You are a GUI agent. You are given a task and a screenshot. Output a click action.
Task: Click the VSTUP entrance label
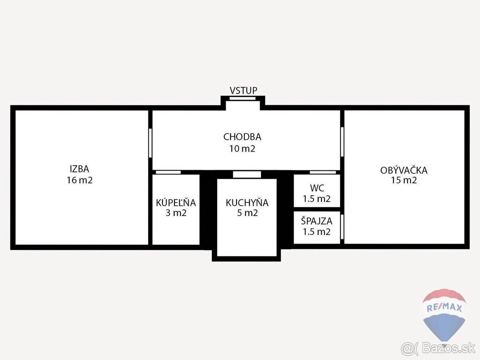click(243, 90)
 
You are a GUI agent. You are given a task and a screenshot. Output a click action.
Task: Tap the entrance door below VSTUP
click(242, 98)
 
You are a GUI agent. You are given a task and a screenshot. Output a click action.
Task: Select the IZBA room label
click(80, 170)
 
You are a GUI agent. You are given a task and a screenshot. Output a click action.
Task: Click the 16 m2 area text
click(80, 180)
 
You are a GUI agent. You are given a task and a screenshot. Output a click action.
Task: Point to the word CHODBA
click(242, 137)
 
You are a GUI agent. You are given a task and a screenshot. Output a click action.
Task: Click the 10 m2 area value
click(242, 149)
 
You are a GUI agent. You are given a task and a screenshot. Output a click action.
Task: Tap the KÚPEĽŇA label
click(176, 203)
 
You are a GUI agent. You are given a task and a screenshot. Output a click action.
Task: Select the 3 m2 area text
click(176, 213)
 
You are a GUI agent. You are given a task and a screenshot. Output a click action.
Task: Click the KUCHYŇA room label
click(247, 203)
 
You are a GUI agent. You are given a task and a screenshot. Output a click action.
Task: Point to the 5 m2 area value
click(247, 213)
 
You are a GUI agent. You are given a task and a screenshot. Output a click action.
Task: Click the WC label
click(317, 188)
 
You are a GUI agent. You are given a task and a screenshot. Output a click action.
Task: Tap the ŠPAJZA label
click(317, 220)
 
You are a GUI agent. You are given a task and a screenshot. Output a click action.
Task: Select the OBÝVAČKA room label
click(404, 170)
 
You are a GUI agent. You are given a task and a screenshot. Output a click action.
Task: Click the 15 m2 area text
click(404, 180)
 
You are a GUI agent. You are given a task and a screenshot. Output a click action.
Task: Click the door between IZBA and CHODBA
click(150, 143)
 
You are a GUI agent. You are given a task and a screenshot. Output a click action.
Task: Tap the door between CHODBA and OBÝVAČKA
click(342, 142)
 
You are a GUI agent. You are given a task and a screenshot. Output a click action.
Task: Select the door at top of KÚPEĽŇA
click(168, 172)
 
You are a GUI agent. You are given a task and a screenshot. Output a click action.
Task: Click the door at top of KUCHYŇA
click(247, 174)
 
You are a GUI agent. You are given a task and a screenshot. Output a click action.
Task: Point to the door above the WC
click(323, 172)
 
